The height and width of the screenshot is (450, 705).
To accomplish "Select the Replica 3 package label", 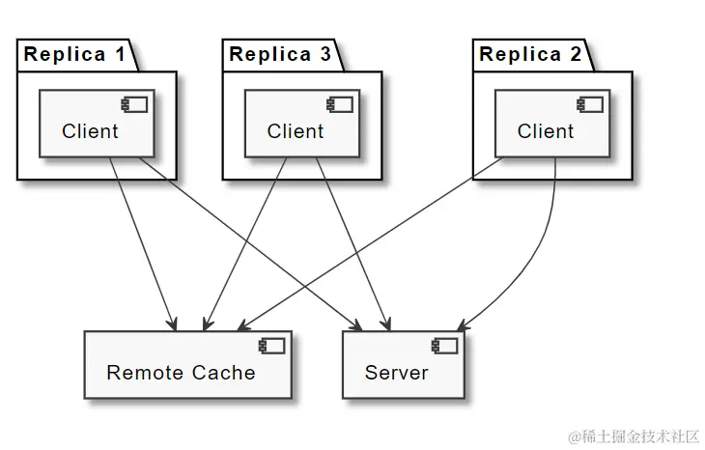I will click(x=280, y=55).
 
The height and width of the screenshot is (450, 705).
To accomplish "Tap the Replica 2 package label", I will click(x=530, y=55).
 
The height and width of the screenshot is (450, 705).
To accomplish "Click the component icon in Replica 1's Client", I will click(x=135, y=104).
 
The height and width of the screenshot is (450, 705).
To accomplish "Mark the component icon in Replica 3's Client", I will click(x=340, y=104).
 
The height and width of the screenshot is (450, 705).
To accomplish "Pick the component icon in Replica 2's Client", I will click(x=590, y=104).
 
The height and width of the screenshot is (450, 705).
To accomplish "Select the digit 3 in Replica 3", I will click(x=324, y=55).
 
